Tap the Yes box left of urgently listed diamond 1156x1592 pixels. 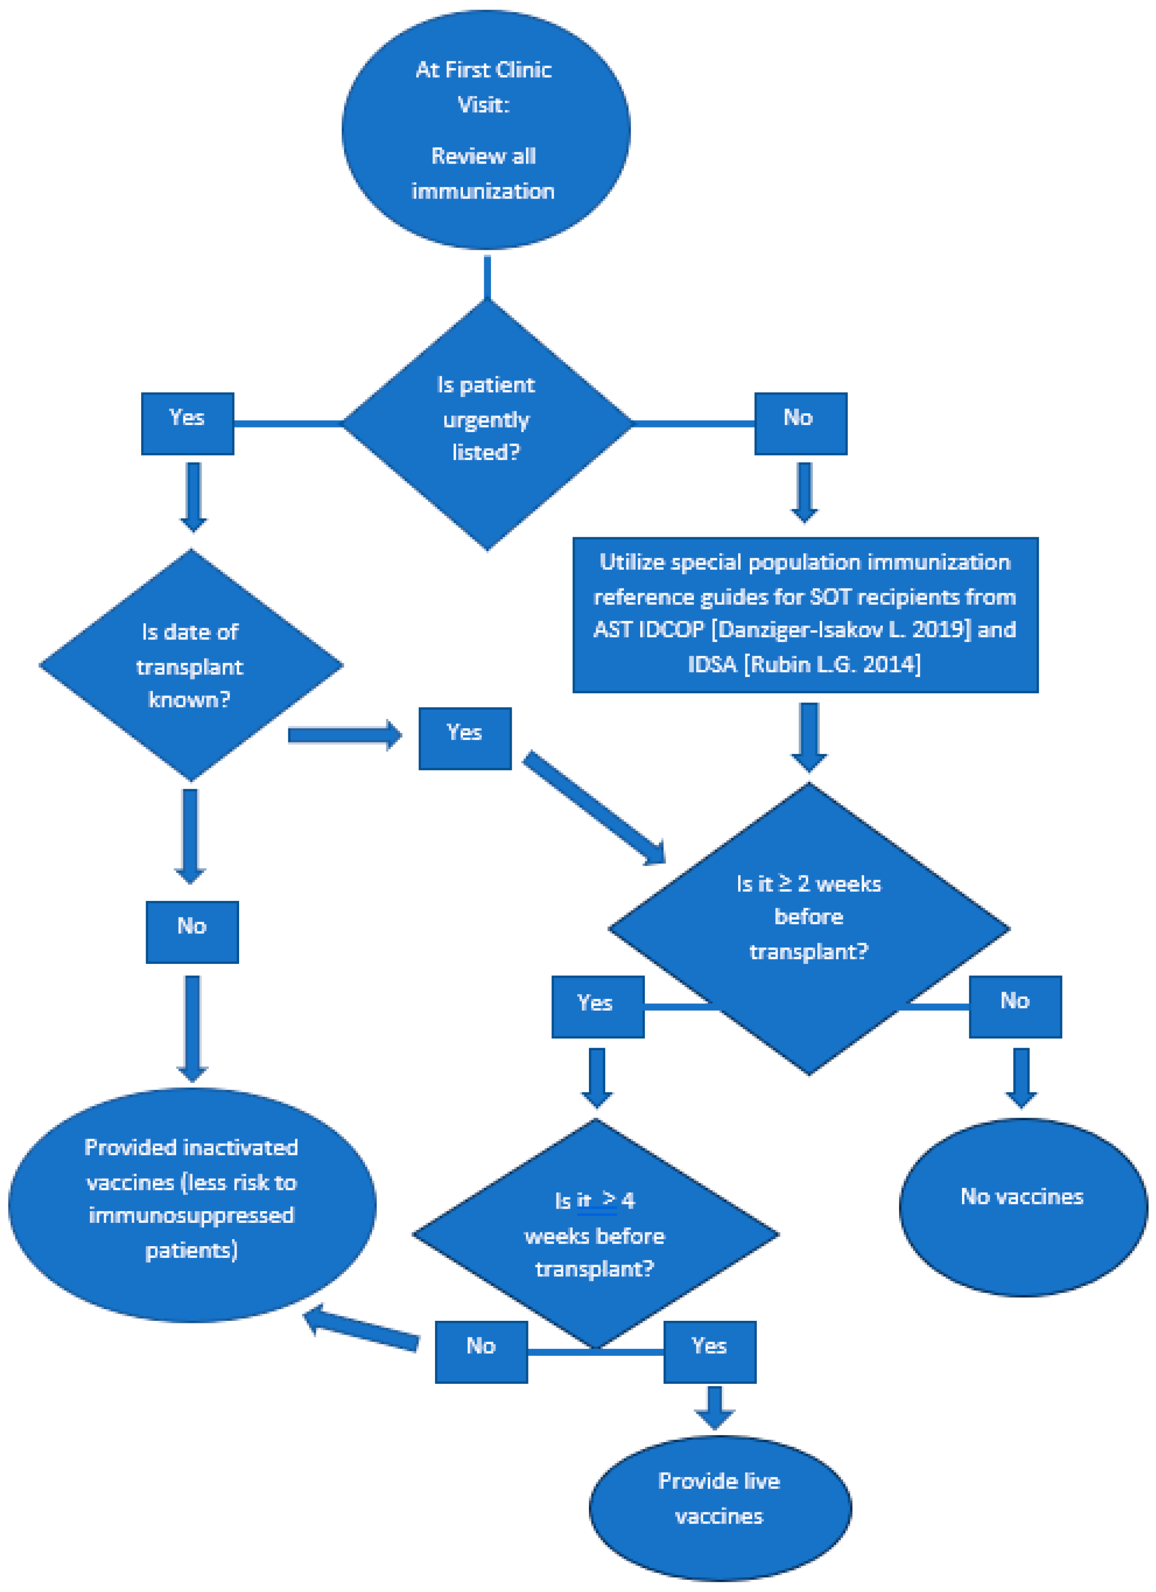(x=187, y=424)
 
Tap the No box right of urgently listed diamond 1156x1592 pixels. (x=800, y=424)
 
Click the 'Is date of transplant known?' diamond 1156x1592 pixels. (x=191, y=665)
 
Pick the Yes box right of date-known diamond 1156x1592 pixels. (x=465, y=738)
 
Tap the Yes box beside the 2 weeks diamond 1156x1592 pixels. (x=598, y=1006)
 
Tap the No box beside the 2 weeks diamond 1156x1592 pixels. (x=1014, y=1006)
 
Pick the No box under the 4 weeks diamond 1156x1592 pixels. (x=481, y=1351)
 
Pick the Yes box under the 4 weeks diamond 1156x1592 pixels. (x=710, y=1351)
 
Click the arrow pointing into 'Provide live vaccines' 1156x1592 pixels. (x=714, y=1407)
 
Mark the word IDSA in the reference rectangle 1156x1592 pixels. (x=712, y=664)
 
